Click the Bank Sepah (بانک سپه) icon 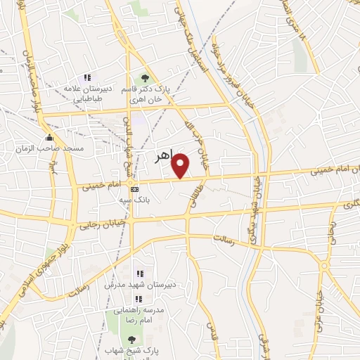[x=134, y=189]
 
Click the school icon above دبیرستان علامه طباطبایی [x=87, y=78]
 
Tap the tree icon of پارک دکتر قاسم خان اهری [x=145, y=78]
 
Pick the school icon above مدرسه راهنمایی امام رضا [x=138, y=299]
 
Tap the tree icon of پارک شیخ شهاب [x=129, y=340]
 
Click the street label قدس [x=210, y=331]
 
